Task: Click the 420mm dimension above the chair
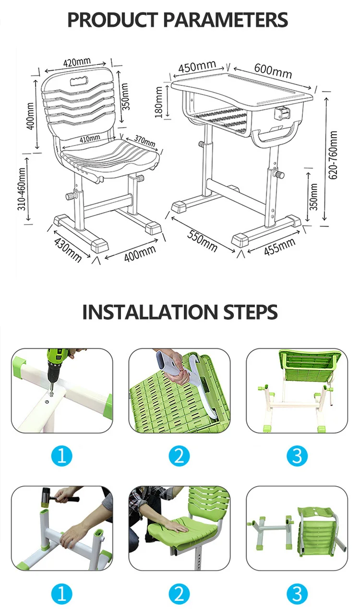coord(77,62)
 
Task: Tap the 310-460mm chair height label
coord(22,189)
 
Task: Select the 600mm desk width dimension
coord(273,71)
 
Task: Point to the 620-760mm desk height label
coord(333,155)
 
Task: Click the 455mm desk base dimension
coord(280,247)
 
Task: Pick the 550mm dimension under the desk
coord(202,240)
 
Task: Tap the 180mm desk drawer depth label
coord(159,102)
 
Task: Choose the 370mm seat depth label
coord(144,141)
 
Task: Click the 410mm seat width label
coord(90,139)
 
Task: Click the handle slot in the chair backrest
coord(79,81)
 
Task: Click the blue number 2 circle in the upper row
coord(179,456)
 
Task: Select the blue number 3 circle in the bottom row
coord(297,594)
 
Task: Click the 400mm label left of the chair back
coord(30,116)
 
